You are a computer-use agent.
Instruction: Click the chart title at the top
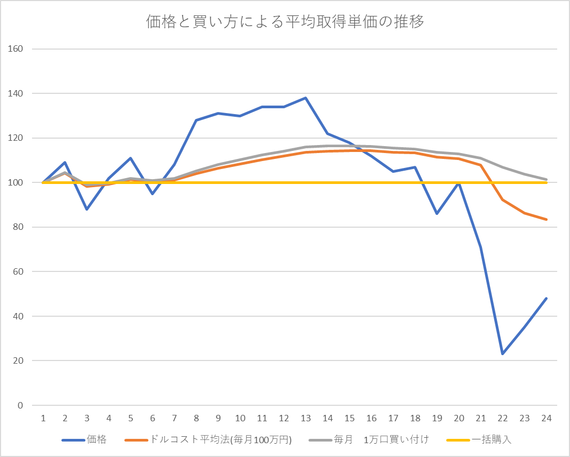285,22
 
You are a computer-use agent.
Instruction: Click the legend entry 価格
97,440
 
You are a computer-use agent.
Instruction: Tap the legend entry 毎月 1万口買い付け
381,440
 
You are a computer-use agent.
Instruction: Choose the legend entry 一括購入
491,440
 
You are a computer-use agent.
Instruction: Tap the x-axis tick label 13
306,418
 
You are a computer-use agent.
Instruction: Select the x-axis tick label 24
547,418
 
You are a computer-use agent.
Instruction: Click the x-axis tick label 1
43,418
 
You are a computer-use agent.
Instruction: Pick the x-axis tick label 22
503,418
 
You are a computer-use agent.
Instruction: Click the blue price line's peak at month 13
306,98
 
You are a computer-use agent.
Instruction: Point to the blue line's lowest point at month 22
503,354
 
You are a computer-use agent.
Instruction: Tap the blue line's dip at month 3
86,209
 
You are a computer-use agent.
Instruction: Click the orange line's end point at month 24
547,219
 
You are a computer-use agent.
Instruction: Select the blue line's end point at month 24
547,298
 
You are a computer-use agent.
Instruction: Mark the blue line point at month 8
196,120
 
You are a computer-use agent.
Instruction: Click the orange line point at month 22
503,200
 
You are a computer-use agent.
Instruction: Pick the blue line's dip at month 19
437,213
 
